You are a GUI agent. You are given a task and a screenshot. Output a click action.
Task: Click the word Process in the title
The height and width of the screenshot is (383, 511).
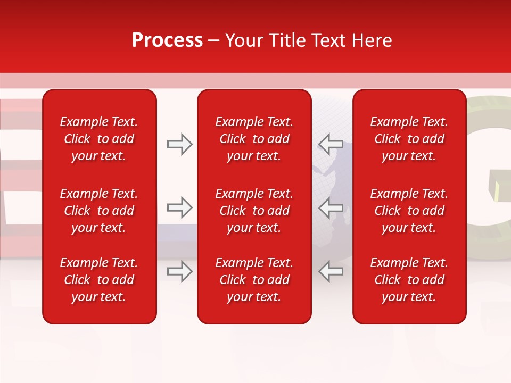[167, 40]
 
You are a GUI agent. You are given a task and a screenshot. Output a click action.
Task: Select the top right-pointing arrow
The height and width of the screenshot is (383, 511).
[179, 144]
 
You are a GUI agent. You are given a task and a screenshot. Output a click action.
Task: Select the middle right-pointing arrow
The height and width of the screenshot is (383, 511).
[179, 207]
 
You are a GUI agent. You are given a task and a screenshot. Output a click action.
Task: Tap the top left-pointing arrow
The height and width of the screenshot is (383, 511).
[331, 144]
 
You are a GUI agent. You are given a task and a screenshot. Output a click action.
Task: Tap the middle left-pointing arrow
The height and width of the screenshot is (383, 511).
[331, 207]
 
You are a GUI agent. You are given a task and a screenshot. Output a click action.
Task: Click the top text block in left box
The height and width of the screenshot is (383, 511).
[99, 139]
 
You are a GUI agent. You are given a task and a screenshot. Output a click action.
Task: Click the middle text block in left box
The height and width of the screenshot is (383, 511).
[99, 211]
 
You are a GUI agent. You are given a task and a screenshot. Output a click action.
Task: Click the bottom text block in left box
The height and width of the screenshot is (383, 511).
[99, 280]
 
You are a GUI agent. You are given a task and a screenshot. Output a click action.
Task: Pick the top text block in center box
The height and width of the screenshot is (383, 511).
[254, 139]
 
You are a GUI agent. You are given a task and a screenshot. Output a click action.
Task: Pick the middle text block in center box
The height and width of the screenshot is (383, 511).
[254, 211]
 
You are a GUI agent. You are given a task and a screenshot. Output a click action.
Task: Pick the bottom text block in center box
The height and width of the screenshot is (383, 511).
[254, 280]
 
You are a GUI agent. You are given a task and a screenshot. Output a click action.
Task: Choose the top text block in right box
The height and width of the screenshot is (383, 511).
[409, 139]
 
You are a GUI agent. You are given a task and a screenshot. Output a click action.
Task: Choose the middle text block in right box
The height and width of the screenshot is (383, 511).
[409, 211]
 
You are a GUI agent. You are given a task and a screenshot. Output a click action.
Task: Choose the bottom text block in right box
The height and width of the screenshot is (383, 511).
[409, 280]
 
